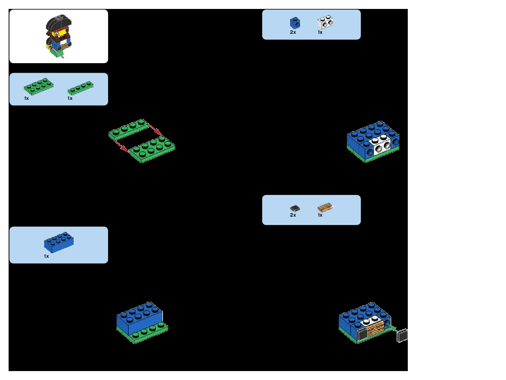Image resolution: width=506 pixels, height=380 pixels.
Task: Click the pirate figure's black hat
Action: [x=59, y=23]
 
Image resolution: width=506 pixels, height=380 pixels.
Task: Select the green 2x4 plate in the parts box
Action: [x=39, y=86]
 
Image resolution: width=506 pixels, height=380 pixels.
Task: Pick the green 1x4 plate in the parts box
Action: [x=80, y=88]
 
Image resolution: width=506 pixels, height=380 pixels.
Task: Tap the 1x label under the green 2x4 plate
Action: [x=26, y=98]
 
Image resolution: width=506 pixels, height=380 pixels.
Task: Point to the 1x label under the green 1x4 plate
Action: [x=70, y=98]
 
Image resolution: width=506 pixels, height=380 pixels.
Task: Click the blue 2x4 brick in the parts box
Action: [x=59, y=242]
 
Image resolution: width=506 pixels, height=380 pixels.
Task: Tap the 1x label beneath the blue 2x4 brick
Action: [x=46, y=256]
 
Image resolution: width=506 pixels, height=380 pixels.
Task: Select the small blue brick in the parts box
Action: [x=295, y=23]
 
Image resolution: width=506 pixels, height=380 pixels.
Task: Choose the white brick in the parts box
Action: [x=325, y=22]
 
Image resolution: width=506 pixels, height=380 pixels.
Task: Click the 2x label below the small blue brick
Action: [x=293, y=32]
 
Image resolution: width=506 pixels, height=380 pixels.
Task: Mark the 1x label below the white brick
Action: [x=320, y=32]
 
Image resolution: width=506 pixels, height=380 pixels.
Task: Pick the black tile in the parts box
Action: [x=295, y=208]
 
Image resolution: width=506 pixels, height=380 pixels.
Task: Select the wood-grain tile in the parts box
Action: [x=325, y=208]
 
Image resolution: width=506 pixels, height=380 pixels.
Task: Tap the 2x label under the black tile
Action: [x=293, y=215]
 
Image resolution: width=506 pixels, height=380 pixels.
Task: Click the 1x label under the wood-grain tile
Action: [x=320, y=215]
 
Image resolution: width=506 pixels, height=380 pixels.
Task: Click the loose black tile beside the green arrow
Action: [x=402, y=335]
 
